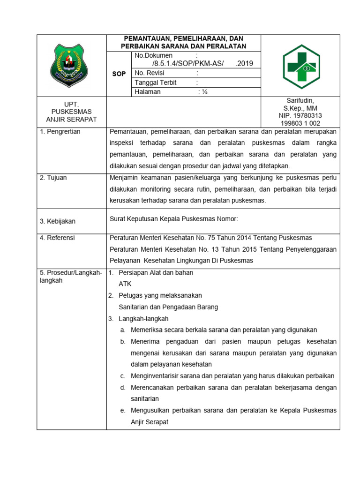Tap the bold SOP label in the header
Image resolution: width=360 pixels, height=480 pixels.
(x=119, y=74)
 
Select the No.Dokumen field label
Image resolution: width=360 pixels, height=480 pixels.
(x=153, y=55)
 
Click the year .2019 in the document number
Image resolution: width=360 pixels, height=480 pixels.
(x=244, y=64)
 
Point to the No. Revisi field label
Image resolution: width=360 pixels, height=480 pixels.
(x=152, y=73)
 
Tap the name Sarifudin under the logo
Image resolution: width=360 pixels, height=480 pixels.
(x=300, y=101)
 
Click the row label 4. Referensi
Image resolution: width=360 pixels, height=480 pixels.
(x=57, y=238)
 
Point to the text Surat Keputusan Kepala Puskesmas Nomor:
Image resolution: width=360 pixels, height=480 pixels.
(x=174, y=218)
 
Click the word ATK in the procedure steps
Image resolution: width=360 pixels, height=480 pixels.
(x=125, y=284)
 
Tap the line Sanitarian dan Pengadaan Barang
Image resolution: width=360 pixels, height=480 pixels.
(x=168, y=307)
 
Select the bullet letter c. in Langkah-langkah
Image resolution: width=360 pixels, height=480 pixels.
(x=123, y=376)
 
